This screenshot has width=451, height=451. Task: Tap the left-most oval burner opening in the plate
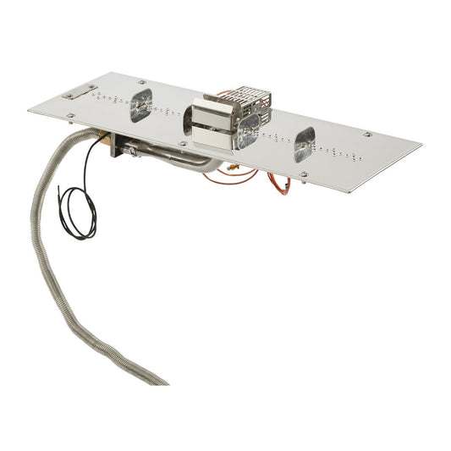pyautogui.click(x=140, y=106)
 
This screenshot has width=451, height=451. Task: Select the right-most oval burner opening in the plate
pyautogui.click(x=304, y=145)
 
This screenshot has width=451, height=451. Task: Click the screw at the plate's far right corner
pyautogui.click(x=367, y=134)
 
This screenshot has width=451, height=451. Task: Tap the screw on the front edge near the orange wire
pyautogui.click(x=302, y=175)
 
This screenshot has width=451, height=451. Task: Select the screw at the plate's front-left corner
pyautogui.click(x=71, y=116)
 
